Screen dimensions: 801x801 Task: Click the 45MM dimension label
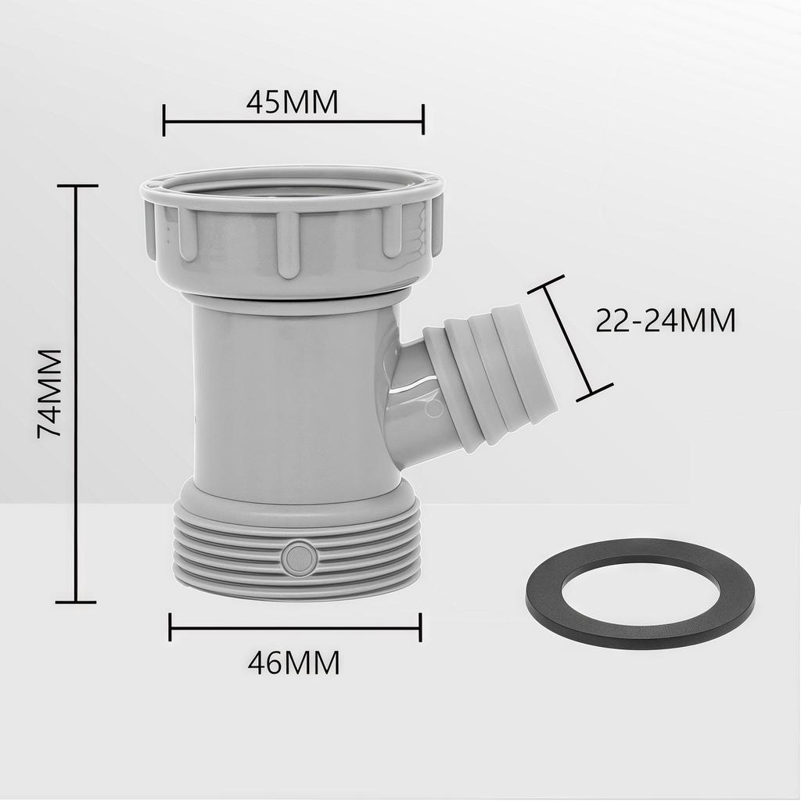293,102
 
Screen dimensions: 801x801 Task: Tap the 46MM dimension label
293,663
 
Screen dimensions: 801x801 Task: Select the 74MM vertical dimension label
50,393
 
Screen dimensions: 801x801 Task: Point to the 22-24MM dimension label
666,321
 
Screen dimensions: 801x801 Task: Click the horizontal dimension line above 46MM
295,627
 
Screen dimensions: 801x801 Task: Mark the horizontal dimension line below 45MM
293,121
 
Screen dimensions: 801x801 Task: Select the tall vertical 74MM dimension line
76,393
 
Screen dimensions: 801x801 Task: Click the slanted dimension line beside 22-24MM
570,338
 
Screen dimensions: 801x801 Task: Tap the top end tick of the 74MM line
76,186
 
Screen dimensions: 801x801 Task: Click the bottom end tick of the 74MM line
76,602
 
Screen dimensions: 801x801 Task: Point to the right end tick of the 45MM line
423,120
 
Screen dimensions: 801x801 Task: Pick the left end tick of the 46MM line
171,627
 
